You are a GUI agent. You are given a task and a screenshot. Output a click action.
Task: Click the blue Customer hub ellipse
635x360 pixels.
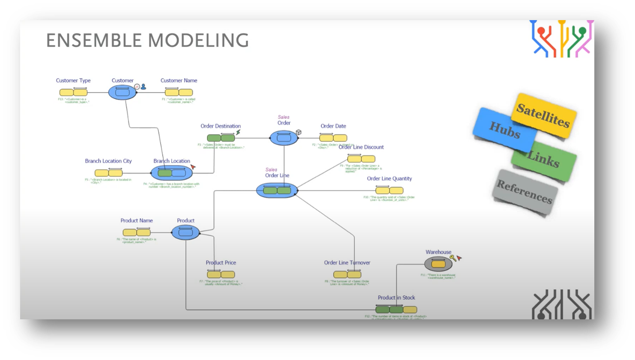point(122,92)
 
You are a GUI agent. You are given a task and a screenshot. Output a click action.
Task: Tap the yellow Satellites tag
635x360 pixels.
point(543,115)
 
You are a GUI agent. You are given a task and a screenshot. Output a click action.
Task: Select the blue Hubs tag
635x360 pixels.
point(504,129)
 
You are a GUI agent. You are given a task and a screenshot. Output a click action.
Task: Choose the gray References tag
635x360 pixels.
point(524,191)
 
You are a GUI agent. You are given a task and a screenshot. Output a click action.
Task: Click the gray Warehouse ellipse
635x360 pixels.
point(438,264)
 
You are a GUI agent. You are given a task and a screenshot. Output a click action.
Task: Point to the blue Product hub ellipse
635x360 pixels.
point(185,232)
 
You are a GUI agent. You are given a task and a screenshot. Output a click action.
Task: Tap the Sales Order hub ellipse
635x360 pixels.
point(283,138)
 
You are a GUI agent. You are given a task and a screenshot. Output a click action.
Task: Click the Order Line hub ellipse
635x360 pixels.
point(277,190)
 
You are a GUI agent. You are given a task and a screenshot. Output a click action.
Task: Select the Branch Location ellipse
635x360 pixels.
point(172,173)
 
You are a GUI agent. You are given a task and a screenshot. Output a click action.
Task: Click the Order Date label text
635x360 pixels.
point(333,126)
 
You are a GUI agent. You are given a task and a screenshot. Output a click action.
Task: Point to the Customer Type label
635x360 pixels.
point(73,80)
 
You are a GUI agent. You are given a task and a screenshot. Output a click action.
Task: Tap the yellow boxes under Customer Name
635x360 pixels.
point(179,92)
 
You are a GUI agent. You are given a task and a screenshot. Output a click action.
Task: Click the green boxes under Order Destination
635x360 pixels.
point(221,138)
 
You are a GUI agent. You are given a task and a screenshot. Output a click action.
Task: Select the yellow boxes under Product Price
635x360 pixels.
point(221,274)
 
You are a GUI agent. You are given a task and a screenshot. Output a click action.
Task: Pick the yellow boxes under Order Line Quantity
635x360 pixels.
point(389,190)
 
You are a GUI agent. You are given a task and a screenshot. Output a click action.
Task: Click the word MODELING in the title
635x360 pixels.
point(198,41)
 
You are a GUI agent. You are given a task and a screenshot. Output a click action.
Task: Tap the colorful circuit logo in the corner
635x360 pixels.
point(561,39)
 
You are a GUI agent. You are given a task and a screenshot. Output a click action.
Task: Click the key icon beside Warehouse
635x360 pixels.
point(453,258)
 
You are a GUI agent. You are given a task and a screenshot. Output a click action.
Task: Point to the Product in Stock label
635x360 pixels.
point(396,298)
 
